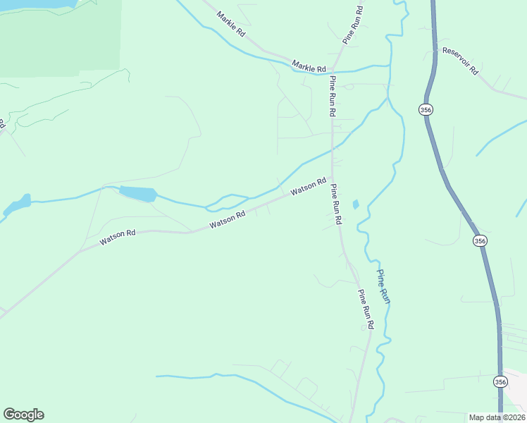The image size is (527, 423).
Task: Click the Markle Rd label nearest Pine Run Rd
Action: (x=310, y=68)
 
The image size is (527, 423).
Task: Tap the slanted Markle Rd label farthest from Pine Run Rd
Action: (x=230, y=23)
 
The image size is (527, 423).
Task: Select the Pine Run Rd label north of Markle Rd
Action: (x=352, y=25)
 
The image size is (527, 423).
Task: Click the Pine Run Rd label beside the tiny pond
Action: (x=336, y=204)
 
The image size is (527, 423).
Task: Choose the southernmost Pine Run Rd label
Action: (x=366, y=309)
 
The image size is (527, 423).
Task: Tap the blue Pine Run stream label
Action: (x=384, y=286)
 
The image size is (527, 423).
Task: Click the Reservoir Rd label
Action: (x=460, y=61)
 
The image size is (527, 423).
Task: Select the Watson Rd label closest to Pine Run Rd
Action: (x=309, y=187)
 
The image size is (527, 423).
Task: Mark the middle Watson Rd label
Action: (x=227, y=220)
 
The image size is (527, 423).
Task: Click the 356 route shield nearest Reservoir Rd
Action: (x=425, y=109)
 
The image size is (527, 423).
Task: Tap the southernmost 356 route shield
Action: (x=500, y=381)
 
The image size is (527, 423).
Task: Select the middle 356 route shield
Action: (x=480, y=240)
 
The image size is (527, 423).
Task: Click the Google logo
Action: (x=23, y=415)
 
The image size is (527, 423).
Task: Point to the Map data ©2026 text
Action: (x=497, y=417)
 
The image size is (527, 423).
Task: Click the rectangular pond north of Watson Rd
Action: (x=137, y=193)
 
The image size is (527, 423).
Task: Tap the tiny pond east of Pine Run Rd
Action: (x=356, y=204)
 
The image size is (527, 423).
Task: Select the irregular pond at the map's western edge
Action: (x=18, y=204)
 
